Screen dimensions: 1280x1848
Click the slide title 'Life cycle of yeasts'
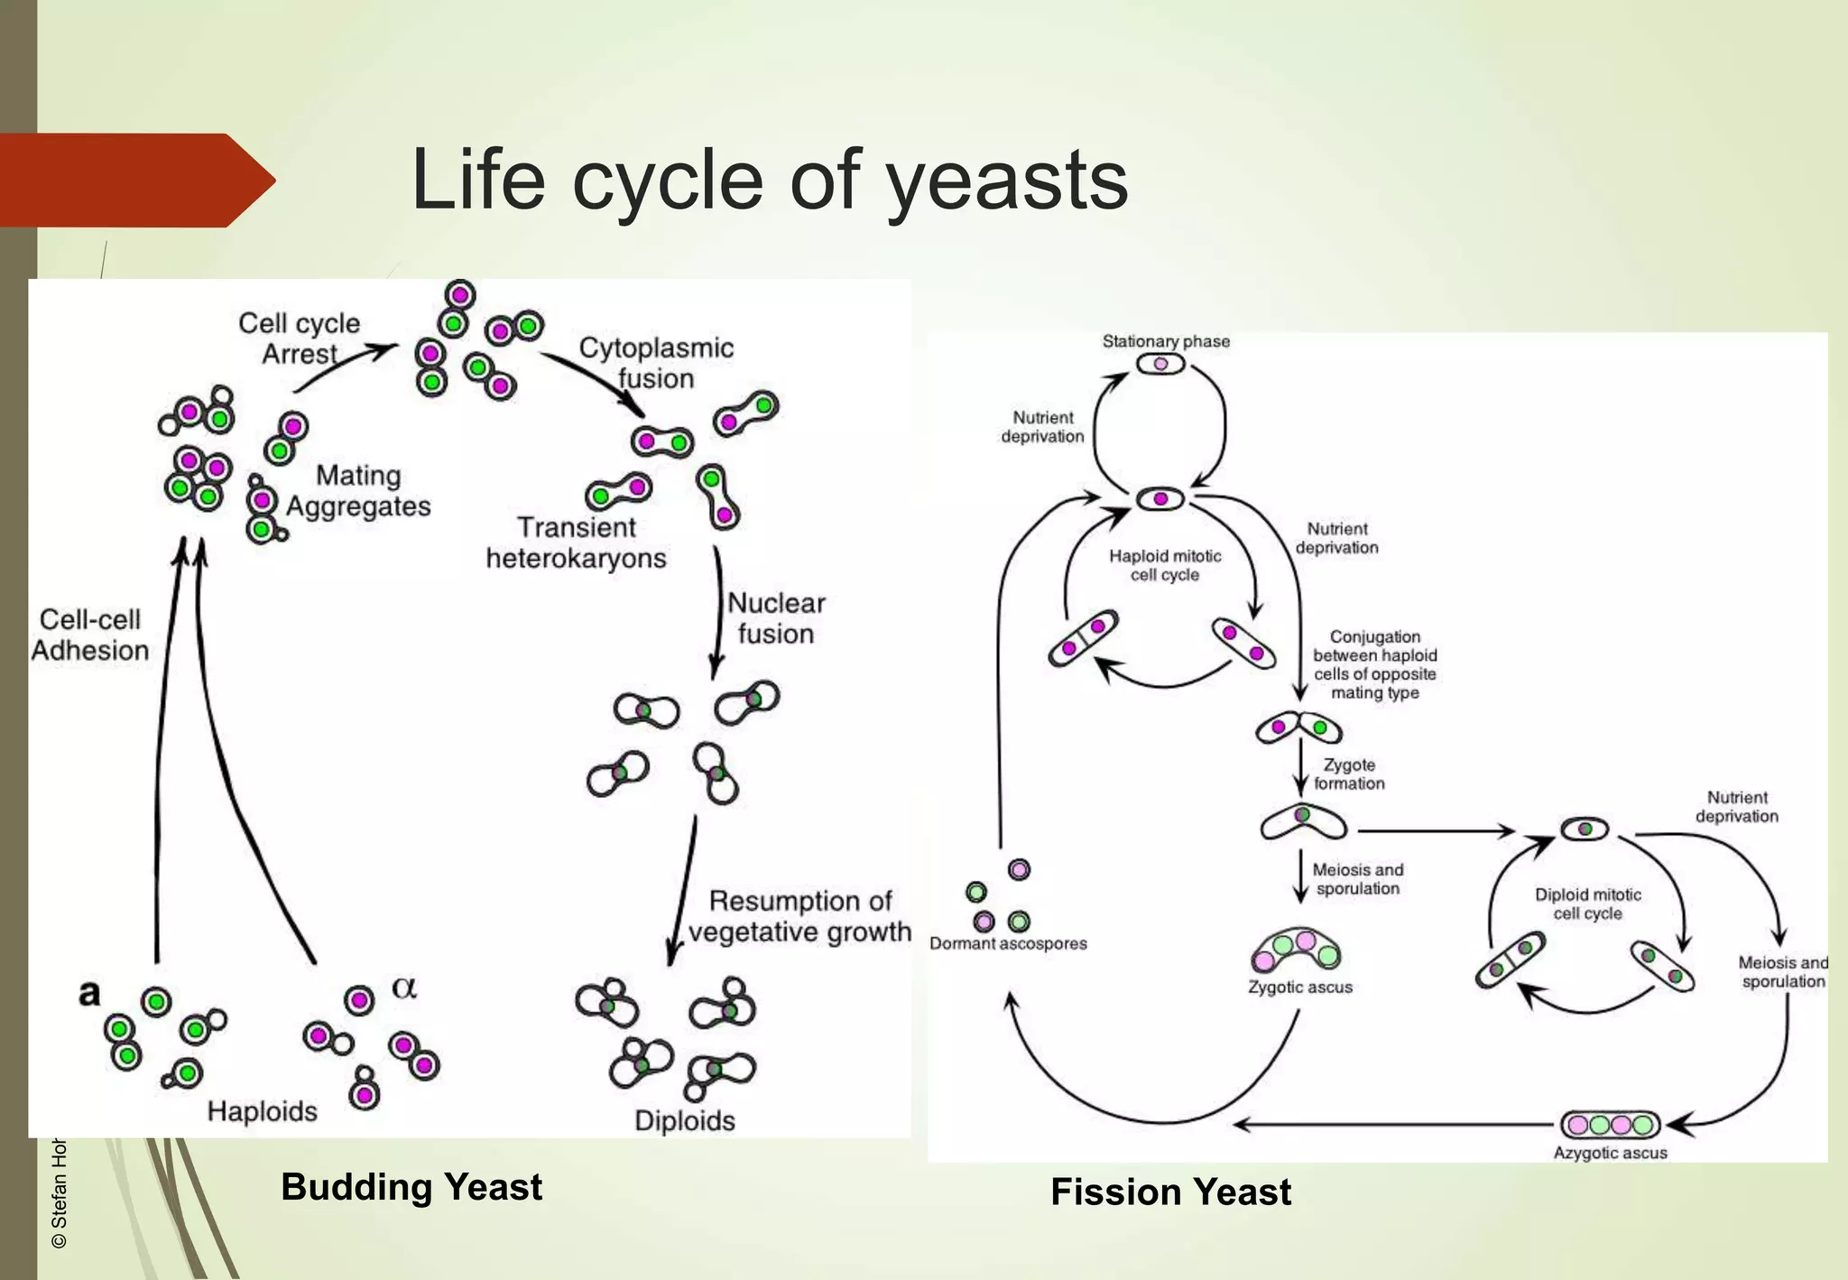769,181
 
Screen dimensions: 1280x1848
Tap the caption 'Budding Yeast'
411,1186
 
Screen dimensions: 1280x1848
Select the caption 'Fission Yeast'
1170,1192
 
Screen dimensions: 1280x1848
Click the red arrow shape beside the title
135,181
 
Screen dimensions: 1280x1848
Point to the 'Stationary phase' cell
1160,365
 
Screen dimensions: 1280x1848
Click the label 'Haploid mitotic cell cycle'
1165,566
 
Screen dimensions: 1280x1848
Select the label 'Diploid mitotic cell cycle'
1587,904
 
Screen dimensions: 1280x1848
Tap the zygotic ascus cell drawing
1296,951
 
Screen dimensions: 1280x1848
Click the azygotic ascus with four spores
1610,1125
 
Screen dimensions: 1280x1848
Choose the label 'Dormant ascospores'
1008,943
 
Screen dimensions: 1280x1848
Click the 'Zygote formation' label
1348,774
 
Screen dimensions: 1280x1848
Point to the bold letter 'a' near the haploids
88,994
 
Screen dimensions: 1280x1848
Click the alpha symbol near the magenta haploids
404,988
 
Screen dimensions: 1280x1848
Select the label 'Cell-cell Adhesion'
89,635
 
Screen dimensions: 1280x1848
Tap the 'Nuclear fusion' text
776,618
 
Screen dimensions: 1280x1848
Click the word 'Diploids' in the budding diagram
684,1120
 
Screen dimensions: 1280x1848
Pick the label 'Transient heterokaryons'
576,543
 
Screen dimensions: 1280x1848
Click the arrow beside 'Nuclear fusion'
717,614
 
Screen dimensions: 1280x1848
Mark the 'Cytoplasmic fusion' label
656,363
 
